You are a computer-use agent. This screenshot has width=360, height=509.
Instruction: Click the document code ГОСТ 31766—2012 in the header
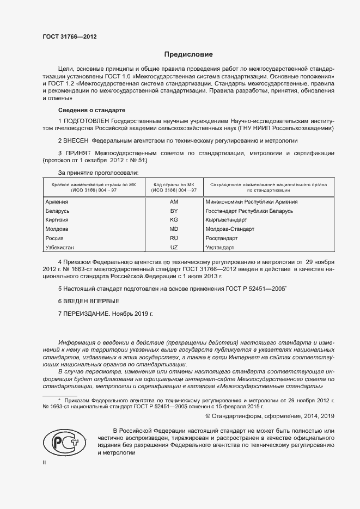point(69,38)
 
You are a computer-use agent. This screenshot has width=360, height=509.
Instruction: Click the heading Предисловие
point(188,55)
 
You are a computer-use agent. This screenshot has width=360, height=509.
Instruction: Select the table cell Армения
point(58,201)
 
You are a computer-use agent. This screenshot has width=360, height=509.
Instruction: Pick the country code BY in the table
point(174,211)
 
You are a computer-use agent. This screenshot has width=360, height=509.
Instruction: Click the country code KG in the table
point(174,220)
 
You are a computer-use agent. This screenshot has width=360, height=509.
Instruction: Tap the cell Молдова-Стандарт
point(230,229)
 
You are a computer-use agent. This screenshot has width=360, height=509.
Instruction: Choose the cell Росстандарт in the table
point(222,238)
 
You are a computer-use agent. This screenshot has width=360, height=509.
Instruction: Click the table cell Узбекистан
point(61,248)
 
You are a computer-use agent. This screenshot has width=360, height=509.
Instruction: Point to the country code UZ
point(174,248)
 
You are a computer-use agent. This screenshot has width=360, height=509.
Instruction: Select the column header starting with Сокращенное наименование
point(269,188)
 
